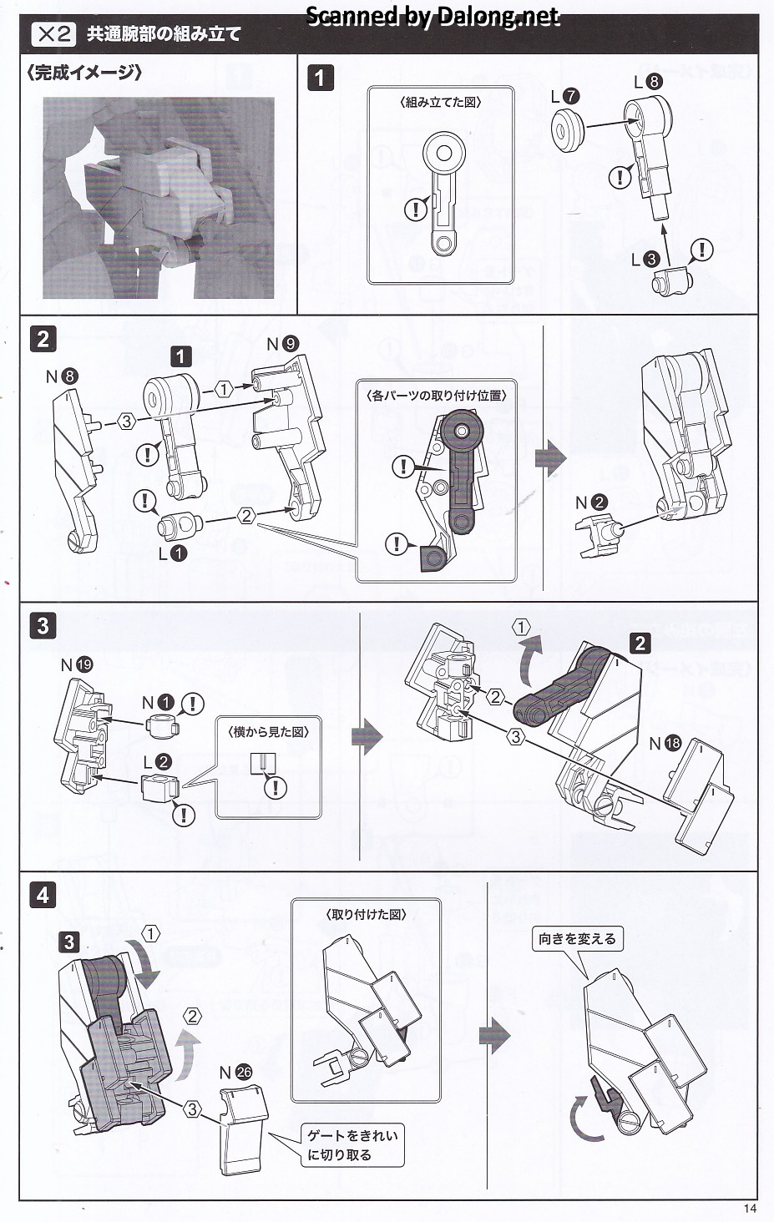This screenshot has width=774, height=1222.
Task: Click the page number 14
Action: (748, 1208)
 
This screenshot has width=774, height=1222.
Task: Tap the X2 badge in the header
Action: (53, 34)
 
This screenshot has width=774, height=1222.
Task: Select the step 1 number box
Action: (320, 78)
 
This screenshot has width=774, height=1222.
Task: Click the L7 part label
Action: (565, 97)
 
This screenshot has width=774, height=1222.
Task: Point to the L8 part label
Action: (648, 81)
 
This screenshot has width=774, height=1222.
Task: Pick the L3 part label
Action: (645, 260)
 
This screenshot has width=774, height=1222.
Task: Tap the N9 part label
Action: (282, 344)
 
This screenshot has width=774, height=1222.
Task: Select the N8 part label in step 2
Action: (62, 376)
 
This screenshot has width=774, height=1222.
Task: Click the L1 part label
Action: (173, 553)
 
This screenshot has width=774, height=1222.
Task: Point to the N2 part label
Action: (591, 502)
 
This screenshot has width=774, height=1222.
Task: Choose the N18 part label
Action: (665, 743)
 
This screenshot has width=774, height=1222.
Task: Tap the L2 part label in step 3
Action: (157, 761)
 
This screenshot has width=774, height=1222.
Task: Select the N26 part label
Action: (235, 1073)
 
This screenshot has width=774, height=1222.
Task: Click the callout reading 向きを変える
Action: (577, 939)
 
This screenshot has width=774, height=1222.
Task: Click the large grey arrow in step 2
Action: (550, 457)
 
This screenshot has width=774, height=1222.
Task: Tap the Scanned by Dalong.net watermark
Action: (433, 16)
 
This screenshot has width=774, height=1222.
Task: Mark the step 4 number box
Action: (43, 896)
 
